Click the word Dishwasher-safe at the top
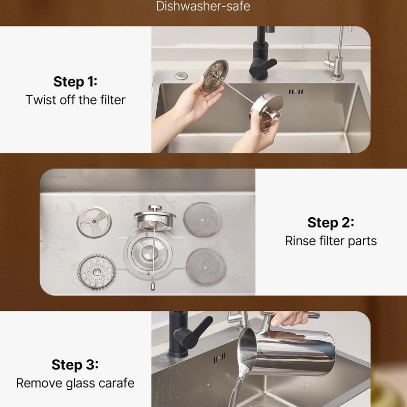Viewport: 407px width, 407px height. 203,6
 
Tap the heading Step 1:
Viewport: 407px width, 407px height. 75,81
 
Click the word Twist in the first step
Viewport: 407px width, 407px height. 41,100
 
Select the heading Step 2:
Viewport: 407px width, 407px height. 331,222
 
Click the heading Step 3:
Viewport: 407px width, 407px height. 75,364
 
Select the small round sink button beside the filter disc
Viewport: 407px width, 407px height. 182,75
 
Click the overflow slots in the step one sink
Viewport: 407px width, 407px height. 296,92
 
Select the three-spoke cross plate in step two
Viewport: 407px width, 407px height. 94,222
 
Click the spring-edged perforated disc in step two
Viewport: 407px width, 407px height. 97,272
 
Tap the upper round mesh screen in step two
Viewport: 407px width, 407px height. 202,219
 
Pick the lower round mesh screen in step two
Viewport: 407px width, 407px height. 206,266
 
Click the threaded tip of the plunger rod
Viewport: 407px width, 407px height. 153,286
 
